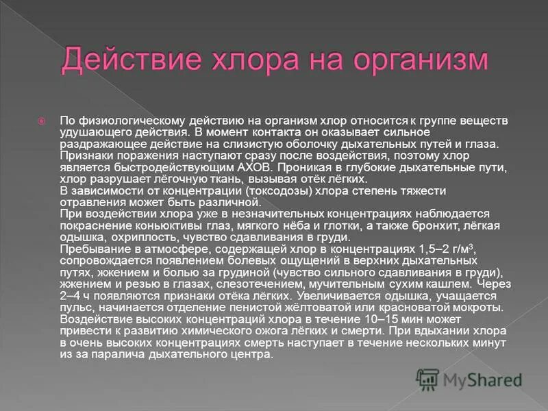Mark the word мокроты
483,306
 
